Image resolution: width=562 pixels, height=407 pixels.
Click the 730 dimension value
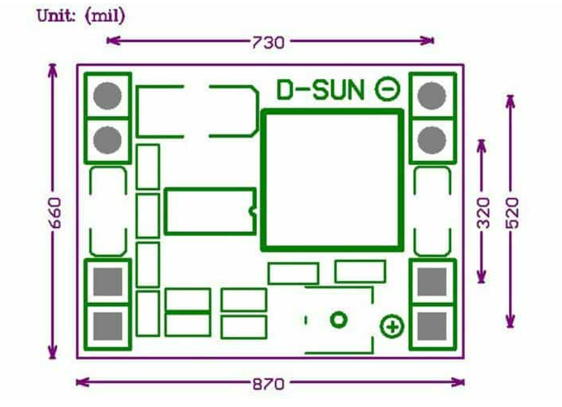click(269, 42)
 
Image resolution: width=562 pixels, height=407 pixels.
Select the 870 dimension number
click(269, 384)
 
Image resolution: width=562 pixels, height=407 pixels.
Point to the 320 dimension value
click(483, 212)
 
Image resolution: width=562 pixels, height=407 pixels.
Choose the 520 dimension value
click(512, 212)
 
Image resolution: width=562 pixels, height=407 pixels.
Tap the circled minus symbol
click(388, 89)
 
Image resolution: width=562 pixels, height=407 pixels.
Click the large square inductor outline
click(331, 180)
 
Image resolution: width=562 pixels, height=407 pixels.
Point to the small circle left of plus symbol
click(339, 319)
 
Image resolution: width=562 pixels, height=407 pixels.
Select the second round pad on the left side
click(107, 140)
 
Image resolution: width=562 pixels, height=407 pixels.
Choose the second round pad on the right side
click(431, 140)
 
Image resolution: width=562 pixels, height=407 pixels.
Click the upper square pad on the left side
click(108, 282)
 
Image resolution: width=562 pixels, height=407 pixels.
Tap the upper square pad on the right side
click(431, 282)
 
